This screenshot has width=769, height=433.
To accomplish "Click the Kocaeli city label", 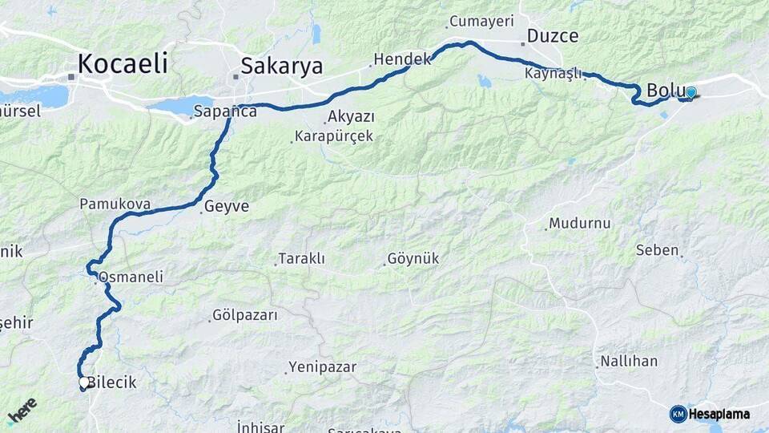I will pyautogui.click(x=123, y=63).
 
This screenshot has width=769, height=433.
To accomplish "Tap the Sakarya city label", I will pyautogui.click(x=281, y=66).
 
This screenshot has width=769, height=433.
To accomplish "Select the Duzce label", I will pyautogui.click(x=553, y=36).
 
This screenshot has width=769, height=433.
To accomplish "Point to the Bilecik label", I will pyautogui.click(x=111, y=382).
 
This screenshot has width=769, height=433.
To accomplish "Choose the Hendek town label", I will pyautogui.click(x=403, y=59).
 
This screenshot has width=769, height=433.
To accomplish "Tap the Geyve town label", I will pyautogui.click(x=226, y=206).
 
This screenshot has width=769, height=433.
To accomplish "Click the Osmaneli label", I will pyautogui.click(x=131, y=277).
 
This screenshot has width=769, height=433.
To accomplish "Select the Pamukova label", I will pyautogui.click(x=115, y=204).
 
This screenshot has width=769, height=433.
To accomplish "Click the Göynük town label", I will pyautogui.click(x=413, y=259).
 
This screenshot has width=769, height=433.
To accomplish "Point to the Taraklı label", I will pyautogui.click(x=301, y=259).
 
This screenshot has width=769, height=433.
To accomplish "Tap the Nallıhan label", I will pyautogui.click(x=629, y=361).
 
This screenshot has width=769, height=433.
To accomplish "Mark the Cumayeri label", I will pyautogui.click(x=481, y=22).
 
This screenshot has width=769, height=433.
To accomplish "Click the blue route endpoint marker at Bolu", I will pyautogui.click(x=690, y=92).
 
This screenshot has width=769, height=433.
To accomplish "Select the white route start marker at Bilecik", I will pyautogui.click(x=83, y=383).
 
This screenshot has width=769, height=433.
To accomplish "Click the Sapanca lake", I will pyautogui.click(x=180, y=106).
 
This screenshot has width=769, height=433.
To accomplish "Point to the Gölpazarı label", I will pyautogui.click(x=244, y=315).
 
